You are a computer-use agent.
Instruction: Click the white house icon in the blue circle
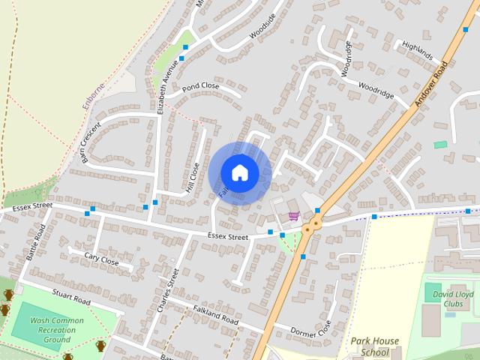point(239,172)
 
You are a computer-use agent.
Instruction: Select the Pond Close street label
point(201,86)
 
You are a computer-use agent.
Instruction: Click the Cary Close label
point(101,259)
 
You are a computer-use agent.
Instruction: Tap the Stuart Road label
point(72,296)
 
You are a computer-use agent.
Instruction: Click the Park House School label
point(375,346)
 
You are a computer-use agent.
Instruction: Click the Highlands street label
point(417,51)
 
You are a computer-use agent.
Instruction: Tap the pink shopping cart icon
point(293,217)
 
